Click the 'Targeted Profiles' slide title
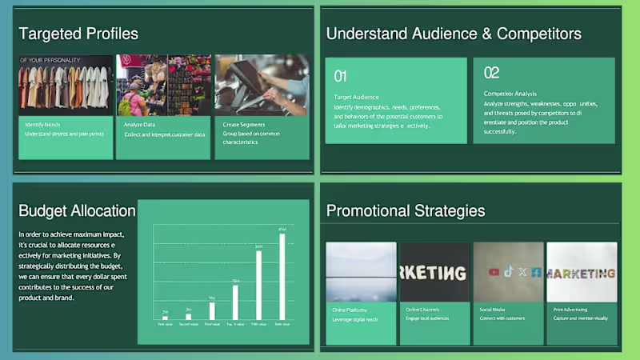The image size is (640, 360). point(78,34)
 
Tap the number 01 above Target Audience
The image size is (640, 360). point(340,76)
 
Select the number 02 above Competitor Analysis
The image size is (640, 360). point(491,73)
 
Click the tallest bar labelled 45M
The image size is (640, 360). point(282,276)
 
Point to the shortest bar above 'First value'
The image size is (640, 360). point(165,318)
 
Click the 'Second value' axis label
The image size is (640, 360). point(188,325)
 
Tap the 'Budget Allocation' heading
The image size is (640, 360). point(77,210)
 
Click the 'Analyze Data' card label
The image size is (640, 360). point(140,125)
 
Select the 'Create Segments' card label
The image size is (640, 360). point(242,125)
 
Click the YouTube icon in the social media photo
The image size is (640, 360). point(494,272)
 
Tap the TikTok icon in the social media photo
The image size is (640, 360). point(508,271)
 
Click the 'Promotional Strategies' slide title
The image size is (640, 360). point(406,210)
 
